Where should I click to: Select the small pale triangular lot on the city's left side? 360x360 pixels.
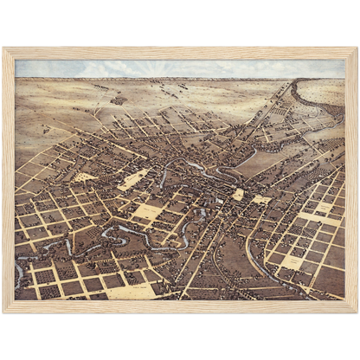[x=86, y=177]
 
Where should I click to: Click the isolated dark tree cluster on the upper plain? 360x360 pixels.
[x=119, y=100]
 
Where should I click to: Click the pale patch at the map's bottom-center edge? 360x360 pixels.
[x=130, y=292]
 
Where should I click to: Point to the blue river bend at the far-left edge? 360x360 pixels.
[x=20, y=275]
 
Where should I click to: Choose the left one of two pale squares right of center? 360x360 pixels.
[x=238, y=195]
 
